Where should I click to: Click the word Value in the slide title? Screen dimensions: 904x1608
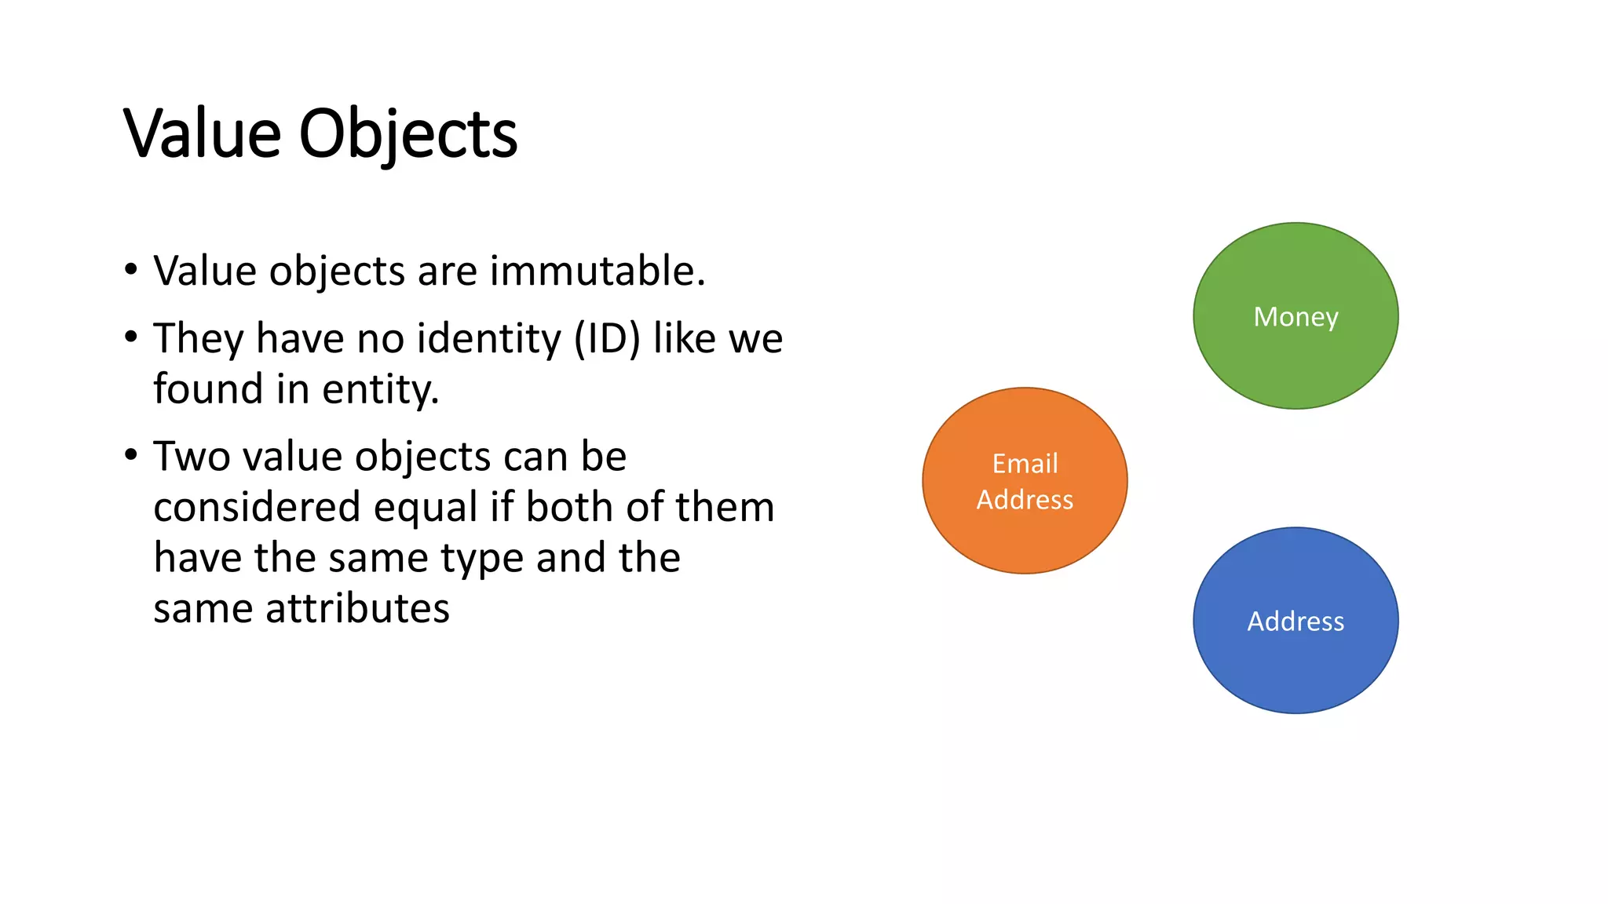[202, 133]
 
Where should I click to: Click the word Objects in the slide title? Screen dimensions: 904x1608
[407, 135]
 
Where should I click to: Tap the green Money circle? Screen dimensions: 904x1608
[1296, 345]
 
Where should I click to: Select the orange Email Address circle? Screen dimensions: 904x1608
[1025, 534]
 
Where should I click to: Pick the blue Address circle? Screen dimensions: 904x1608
[1296, 659]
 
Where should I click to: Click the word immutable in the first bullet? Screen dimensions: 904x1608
[598, 271]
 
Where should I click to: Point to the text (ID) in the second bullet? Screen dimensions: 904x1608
[607, 339]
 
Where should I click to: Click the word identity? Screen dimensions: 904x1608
[488, 339]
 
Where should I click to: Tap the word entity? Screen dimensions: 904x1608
[380, 389]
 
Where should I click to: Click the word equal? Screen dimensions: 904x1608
[425, 508]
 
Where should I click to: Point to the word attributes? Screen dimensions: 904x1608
[357, 609]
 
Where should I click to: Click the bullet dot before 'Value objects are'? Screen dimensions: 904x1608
[131, 270]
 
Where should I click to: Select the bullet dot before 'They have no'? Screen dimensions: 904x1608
[131, 337]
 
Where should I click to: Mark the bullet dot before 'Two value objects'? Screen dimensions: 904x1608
[131, 455]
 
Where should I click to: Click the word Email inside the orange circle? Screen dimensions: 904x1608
[1025, 464]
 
